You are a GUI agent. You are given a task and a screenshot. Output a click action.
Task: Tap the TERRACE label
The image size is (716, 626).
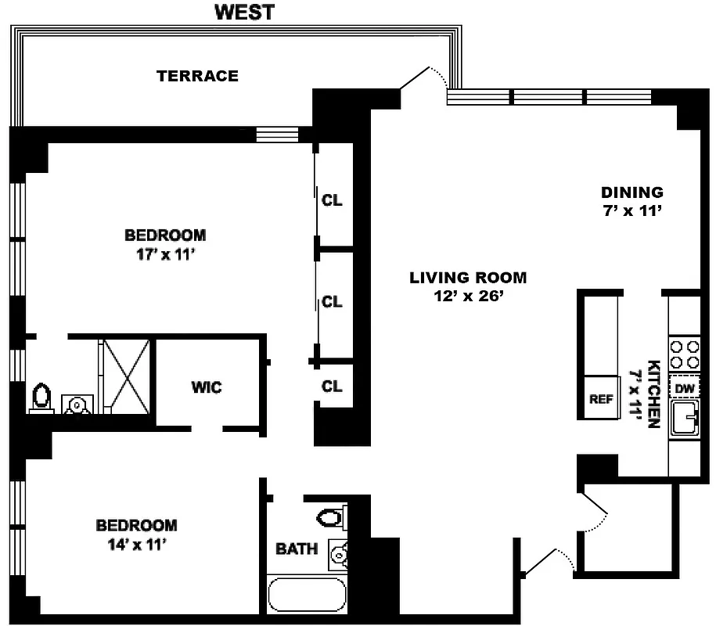(197, 76)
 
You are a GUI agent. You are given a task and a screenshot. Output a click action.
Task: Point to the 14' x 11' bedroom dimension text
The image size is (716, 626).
(136, 545)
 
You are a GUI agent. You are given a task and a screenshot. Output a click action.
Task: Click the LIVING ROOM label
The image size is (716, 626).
(468, 277)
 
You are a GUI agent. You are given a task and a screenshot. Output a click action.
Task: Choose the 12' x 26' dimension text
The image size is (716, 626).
(468, 296)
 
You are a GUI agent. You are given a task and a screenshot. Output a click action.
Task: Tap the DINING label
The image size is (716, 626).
(631, 192)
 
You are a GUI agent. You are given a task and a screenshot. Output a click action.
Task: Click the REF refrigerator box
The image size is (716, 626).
(600, 398)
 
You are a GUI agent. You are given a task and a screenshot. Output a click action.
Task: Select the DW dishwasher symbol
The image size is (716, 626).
(685, 389)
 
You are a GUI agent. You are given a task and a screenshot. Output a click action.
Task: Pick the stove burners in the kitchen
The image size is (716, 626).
(685, 353)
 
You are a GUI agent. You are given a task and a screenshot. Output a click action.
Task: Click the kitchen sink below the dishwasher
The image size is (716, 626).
(685, 419)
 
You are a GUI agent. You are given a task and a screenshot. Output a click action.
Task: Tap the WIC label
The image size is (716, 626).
(207, 387)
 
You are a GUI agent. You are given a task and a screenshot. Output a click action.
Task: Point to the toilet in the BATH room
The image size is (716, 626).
(332, 517)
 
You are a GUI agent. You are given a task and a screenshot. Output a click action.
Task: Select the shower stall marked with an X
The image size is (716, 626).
(125, 375)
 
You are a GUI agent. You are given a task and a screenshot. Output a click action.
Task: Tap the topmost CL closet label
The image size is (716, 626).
(332, 200)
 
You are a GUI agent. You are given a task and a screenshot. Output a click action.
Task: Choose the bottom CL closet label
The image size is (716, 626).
(332, 386)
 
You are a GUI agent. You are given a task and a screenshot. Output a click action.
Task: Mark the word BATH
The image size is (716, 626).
(297, 549)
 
